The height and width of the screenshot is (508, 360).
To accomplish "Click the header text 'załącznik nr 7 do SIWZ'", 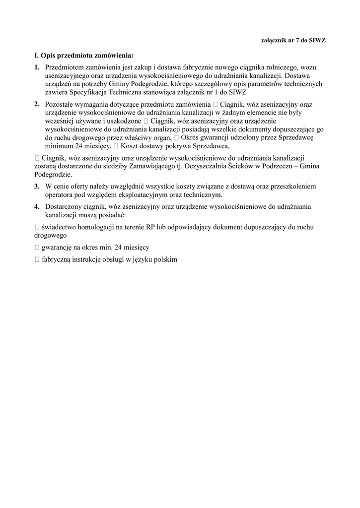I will coord(293,40).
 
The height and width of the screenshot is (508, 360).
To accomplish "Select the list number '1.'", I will coord(37,67).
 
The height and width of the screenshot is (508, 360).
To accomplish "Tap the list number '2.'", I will coord(37,104).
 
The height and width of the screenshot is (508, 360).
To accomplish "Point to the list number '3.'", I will coord(37,186).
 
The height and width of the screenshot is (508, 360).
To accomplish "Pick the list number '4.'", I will coord(37,206).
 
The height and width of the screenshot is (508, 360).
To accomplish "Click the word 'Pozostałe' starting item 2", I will coord(60,105).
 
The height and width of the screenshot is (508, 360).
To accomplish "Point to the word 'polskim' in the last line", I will coord(165,259).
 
